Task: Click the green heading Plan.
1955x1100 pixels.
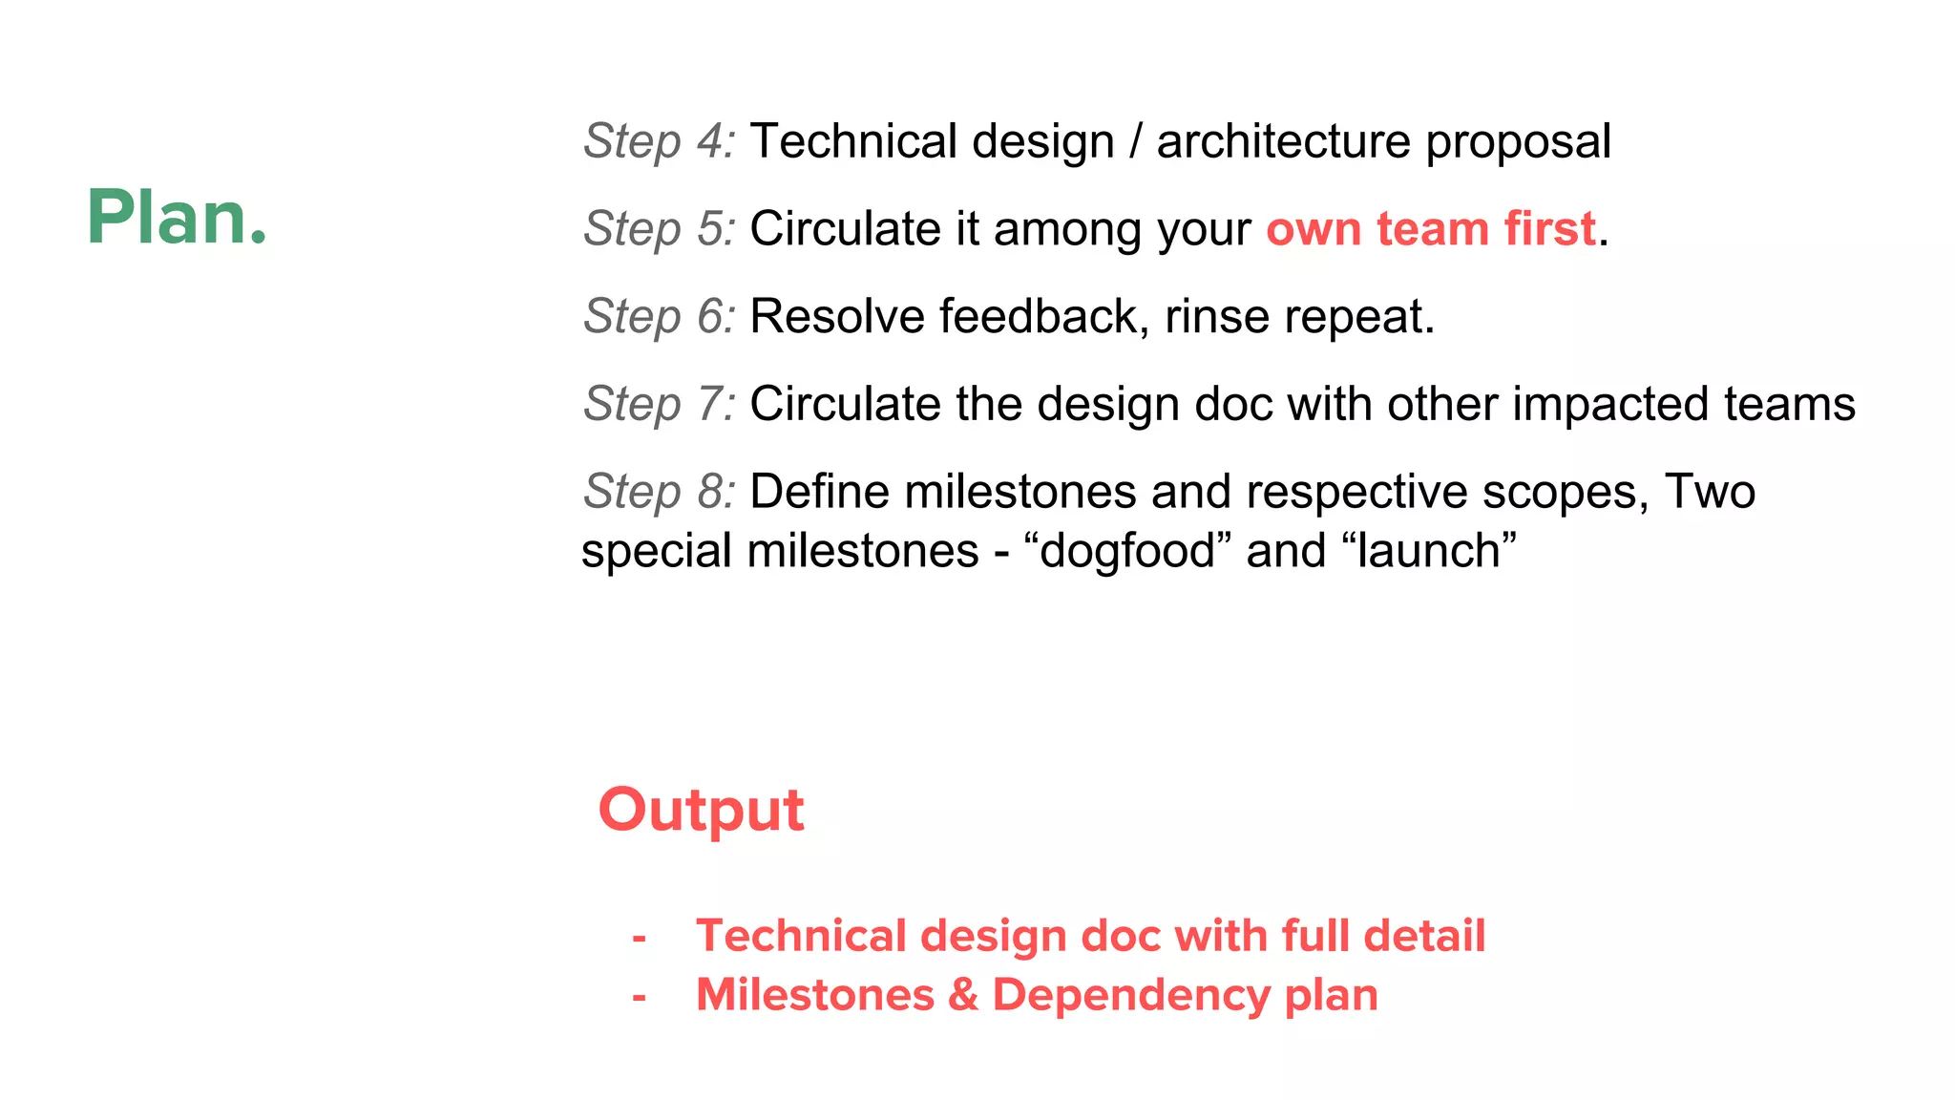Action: [x=177, y=218]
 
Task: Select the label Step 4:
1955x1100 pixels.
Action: [x=660, y=141]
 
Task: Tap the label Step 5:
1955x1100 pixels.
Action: [x=660, y=229]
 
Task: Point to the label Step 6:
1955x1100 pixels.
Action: [x=660, y=316]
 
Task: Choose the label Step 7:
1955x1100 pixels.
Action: [x=660, y=404]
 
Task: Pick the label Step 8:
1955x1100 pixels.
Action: [x=660, y=492]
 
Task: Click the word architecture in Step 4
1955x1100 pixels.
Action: [x=1283, y=141]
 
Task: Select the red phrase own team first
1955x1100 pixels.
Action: [x=1431, y=229]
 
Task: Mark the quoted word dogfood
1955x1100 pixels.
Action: [x=1127, y=551]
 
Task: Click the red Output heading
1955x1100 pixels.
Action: [x=702, y=811]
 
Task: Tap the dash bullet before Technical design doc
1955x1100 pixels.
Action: [x=640, y=937]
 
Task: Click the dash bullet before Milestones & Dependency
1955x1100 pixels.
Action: [x=640, y=996]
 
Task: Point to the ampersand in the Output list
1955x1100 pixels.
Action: [x=964, y=995]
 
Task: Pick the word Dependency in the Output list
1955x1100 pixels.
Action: [x=1130, y=996]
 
